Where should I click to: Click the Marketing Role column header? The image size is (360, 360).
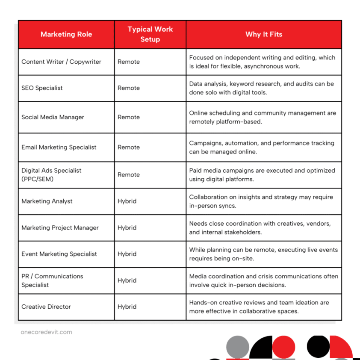point(66,34)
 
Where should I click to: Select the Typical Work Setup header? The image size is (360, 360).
point(150,34)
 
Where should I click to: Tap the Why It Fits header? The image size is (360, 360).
point(264,34)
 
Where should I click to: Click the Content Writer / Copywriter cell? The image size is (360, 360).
point(61,62)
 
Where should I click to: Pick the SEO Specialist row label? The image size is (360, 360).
point(42,88)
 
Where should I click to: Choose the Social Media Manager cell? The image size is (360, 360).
point(53,117)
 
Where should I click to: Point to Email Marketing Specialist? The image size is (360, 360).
point(59,147)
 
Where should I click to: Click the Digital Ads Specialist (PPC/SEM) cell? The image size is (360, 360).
point(51,174)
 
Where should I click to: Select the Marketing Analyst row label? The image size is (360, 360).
point(47,201)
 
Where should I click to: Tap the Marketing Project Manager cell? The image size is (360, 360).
point(60,227)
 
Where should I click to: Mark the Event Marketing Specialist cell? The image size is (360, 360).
point(59,254)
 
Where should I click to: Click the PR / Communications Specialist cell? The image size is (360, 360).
point(52,280)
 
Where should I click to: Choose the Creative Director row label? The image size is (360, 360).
point(46,307)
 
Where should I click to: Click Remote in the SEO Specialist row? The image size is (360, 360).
point(129,88)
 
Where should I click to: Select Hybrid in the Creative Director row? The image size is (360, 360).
point(127,307)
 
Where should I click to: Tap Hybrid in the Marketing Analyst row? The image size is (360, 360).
point(127,201)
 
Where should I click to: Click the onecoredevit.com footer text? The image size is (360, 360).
point(46,332)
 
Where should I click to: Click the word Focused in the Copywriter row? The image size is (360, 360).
point(202,57)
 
